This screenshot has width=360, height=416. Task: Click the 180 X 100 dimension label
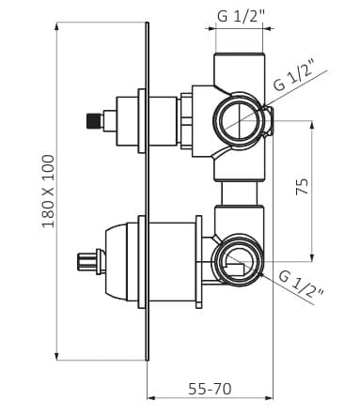pos(49,191)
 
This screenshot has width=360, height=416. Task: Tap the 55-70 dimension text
pos(210,389)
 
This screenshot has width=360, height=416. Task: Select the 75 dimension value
pos(302,187)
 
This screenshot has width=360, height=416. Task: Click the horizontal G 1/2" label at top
pos(241,16)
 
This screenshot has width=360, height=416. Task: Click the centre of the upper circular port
pos(239,120)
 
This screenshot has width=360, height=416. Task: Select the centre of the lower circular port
pos(239,260)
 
